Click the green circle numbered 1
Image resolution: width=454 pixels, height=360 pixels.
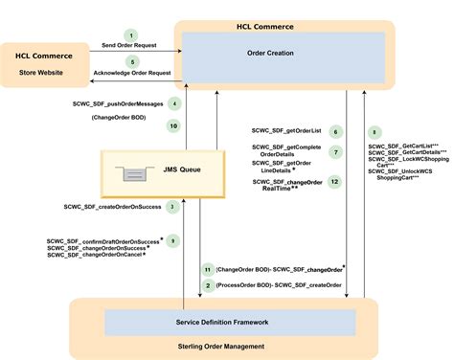[x=131, y=35]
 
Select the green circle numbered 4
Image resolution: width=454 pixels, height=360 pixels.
[x=173, y=103]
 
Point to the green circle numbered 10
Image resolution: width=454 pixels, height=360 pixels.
[x=173, y=125]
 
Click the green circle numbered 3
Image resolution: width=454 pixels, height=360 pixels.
[x=171, y=206]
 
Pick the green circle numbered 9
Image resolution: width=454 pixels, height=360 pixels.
[x=172, y=241]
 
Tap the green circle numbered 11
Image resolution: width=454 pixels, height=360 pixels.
[x=207, y=270]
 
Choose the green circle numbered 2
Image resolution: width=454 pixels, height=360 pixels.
[x=207, y=285]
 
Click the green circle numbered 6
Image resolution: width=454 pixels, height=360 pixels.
[x=335, y=132]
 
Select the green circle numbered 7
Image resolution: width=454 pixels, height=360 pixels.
[x=335, y=152]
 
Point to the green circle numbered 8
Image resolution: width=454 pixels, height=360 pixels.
[x=375, y=132]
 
